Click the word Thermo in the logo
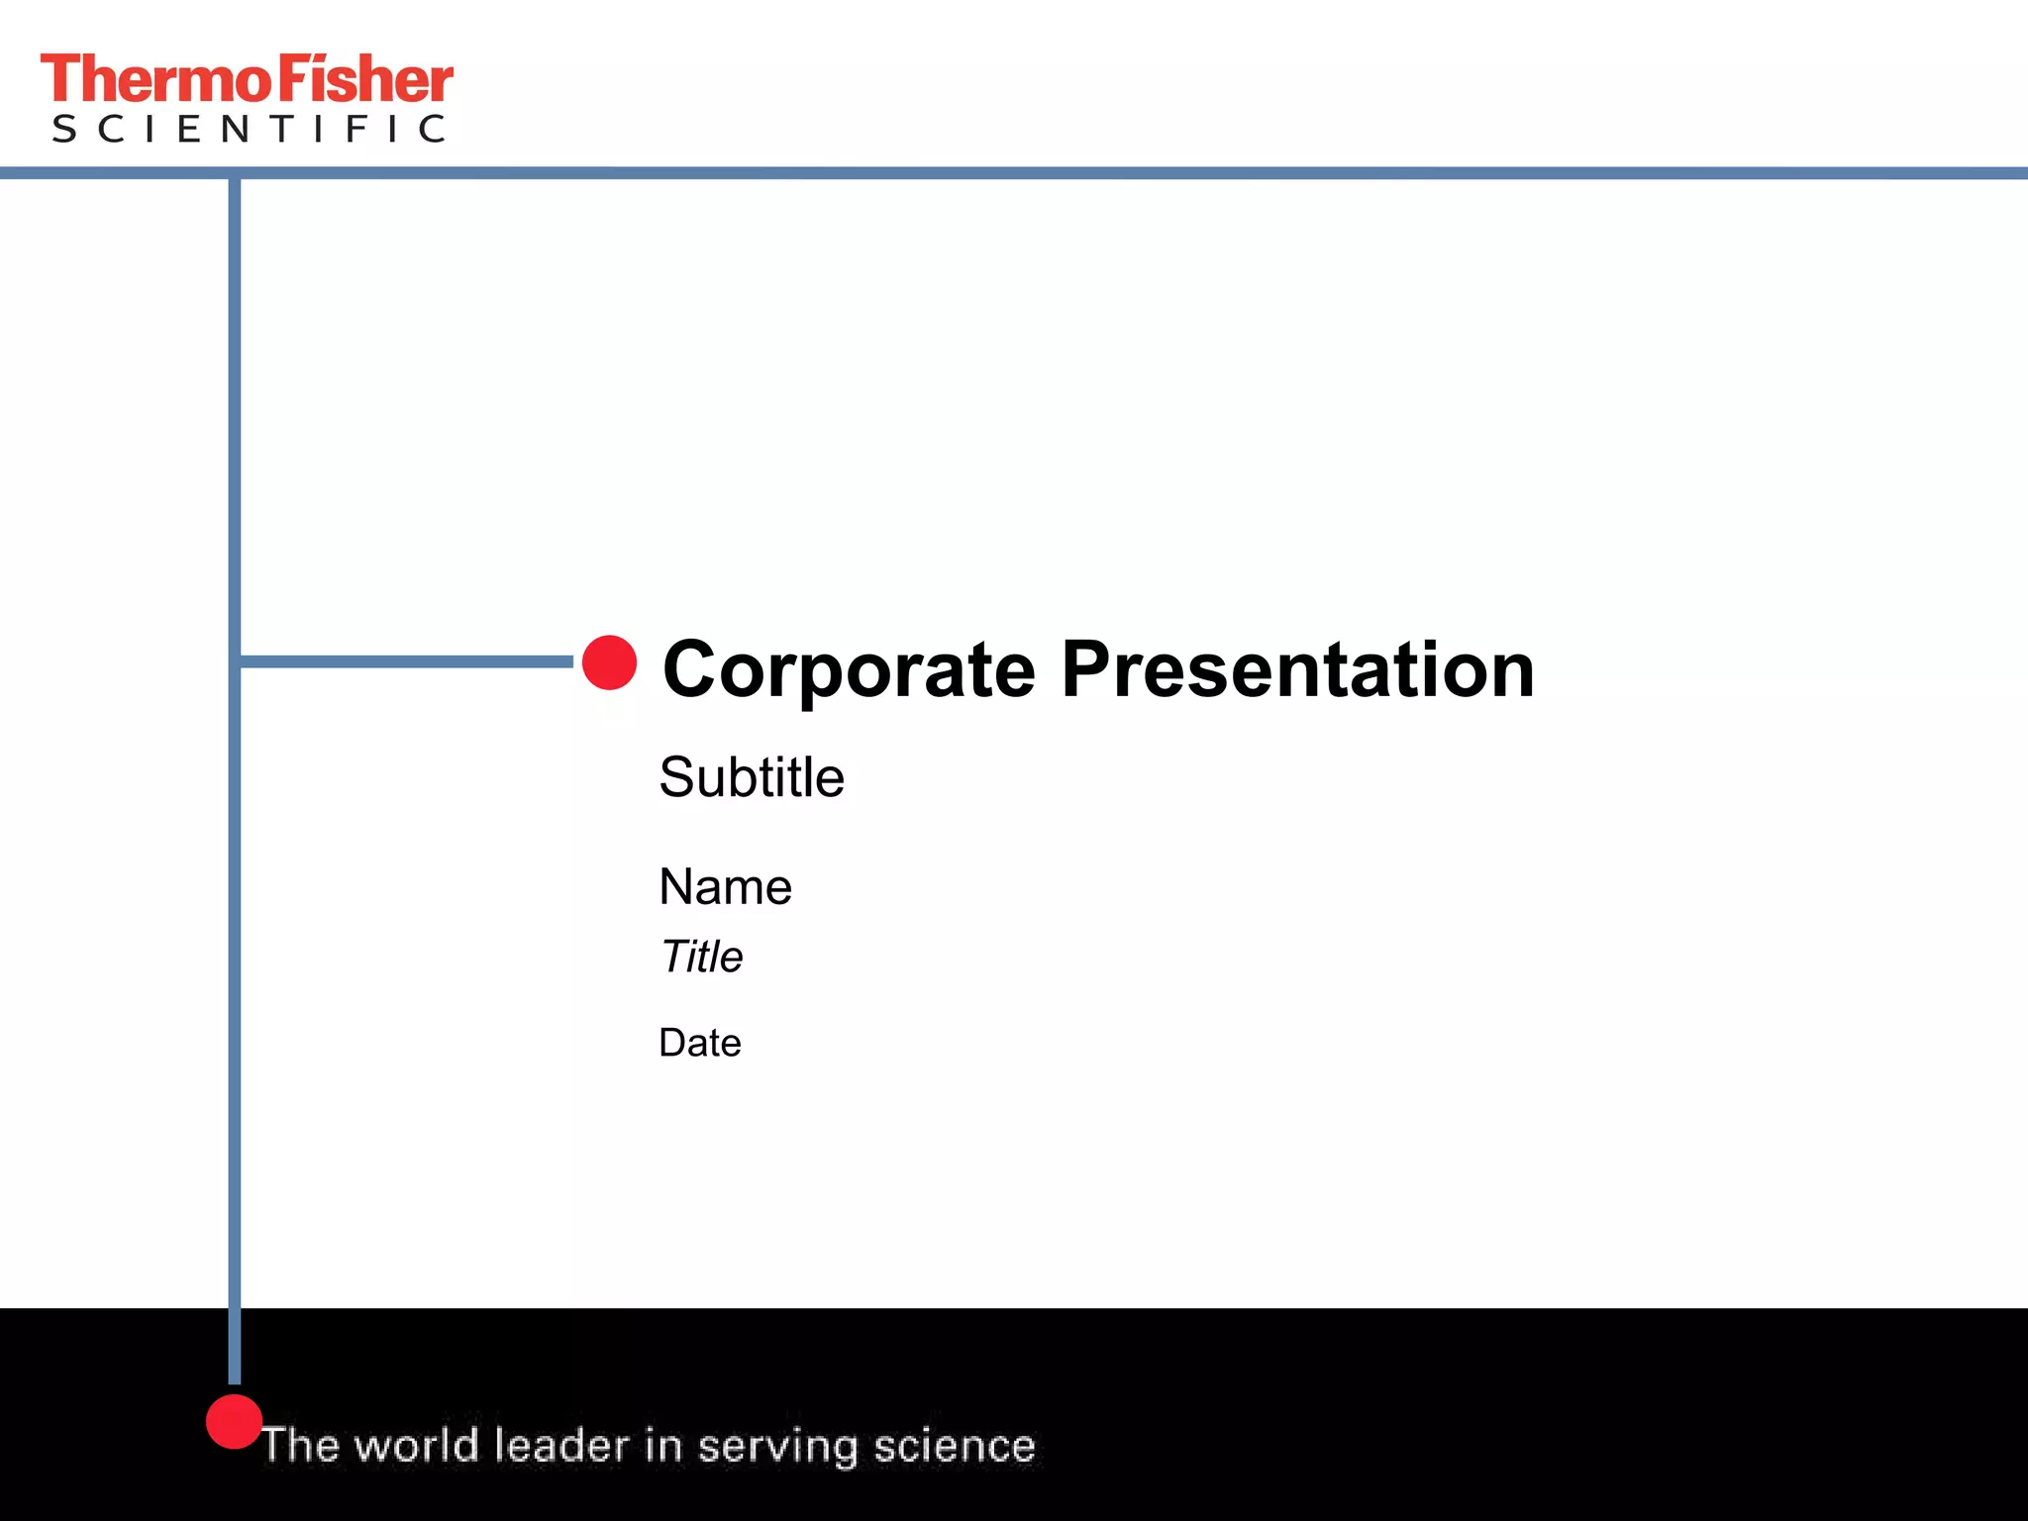click(156, 80)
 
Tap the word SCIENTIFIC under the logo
click(249, 129)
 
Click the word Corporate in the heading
click(849, 670)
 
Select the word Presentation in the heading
click(1297, 670)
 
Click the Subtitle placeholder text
click(752, 777)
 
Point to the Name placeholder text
click(725, 886)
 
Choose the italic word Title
click(701, 957)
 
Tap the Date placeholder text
click(700, 1043)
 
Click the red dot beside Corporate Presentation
click(609, 662)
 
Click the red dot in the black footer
click(234, 1422)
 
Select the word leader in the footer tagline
click(561, 1446)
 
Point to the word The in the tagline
click(301, 1446)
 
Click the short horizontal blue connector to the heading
click(406, 661)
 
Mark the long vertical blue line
click(235, 891)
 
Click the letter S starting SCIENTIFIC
click(64, 129)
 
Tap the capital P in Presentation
click(1085, 670)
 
